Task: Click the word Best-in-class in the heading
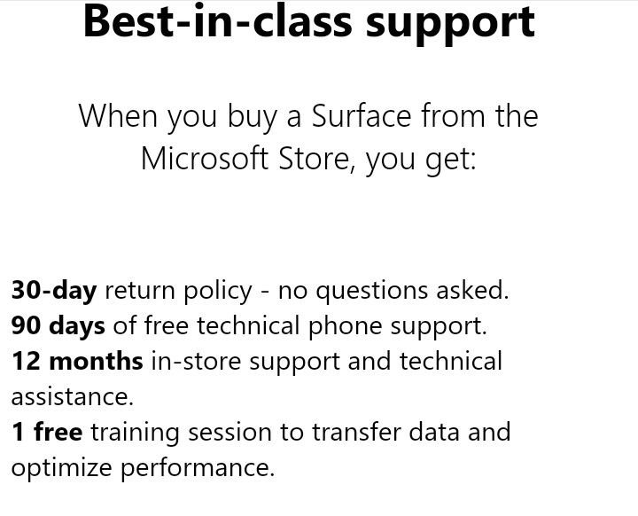[x=217, y=21]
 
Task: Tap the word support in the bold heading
[x=450, y=25]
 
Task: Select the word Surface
[x=362, y=116]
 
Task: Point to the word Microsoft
[x=205, y=159]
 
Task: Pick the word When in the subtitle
[x=118, y=116]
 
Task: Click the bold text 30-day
[x=54, y=291]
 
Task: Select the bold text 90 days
[x=58, y=326]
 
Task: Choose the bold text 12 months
[x=77, y=361]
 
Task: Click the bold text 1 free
[x=47, y=432]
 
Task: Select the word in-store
[x=196, y=362]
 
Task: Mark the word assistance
[x=72, y=396]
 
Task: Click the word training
[x=135, y=433]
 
